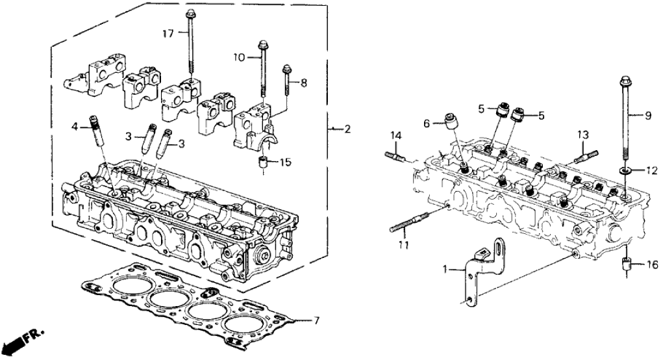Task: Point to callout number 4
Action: [75, 127]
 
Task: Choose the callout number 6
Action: [426, 123]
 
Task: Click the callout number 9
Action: [647, 116]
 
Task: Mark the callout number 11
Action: [403, 246]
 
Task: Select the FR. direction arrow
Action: [23, 339]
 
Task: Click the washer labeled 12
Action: [625, 170]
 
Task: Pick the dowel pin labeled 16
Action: [628, 264]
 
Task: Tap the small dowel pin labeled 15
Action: [263, 162]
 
